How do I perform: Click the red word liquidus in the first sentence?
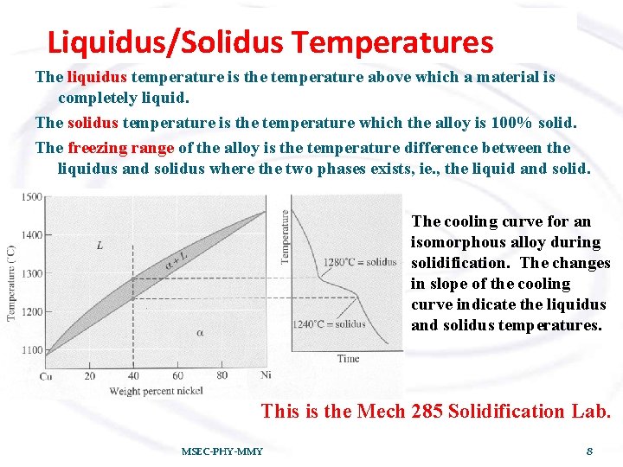tap(97, 78)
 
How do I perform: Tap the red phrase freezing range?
tap(120, 148)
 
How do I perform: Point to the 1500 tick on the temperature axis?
tap(32, 197)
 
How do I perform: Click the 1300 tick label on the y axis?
tap(32, 273)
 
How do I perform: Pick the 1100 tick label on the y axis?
tap(32, 350)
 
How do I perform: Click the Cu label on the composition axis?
tap(46, 375)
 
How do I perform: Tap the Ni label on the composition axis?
tap(266, 375)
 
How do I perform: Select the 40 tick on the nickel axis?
tap(132, 375)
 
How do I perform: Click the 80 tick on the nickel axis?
tap(222, 375)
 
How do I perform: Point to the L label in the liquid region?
tap(100, 246)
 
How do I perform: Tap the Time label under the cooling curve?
tap(348, 358)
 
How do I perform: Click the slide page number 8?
tap(588, 451)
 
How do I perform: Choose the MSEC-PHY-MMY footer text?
tap(222, 451)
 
